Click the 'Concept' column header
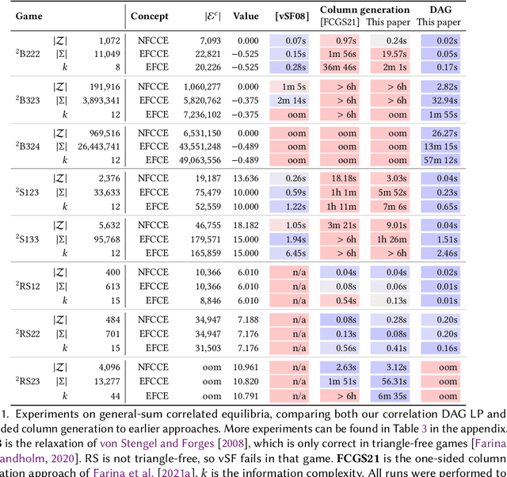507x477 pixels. click(150, 14)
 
